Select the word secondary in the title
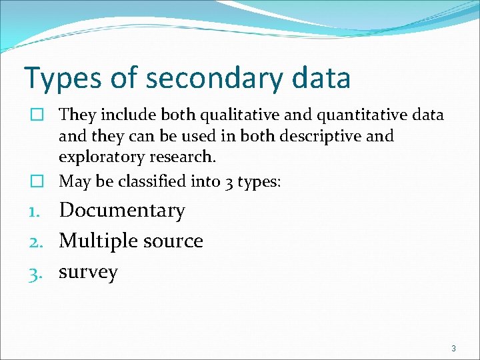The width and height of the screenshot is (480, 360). tap(215, 78)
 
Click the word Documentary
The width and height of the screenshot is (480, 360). tap(122, 211)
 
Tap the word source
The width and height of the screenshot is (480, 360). tap(175, 241)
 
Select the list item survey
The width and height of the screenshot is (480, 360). tap(88, 273)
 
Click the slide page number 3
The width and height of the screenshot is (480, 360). tap(453, 349)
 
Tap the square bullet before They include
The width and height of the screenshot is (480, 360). tap(39, 115)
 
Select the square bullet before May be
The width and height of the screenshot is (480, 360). tap(39, 180)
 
